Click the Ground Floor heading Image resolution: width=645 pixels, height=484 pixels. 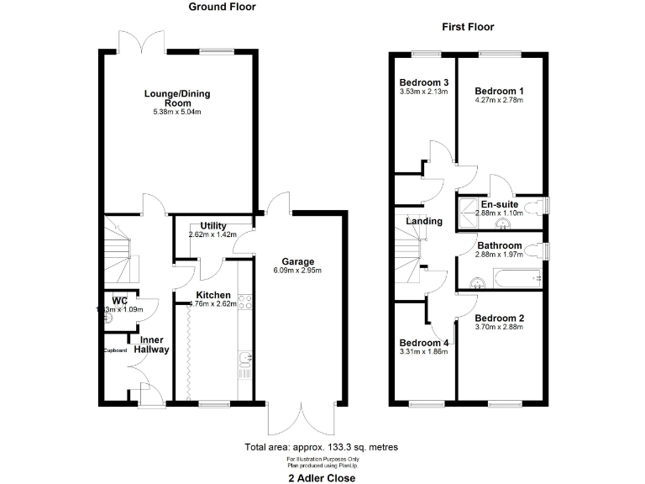(x=222, y=7)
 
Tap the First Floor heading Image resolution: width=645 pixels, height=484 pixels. (x=468, y=27)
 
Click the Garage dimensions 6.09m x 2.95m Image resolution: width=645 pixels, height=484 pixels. (x=297, y=271)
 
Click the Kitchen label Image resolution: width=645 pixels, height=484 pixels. (x=213, y=295)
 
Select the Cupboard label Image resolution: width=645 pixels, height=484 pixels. (x=115, y=350)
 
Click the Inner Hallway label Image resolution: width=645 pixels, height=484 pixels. (x=152, y=345)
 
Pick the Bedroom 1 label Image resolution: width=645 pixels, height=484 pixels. (x=499, y=91)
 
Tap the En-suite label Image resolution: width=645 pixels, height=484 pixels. (x=499, y=203)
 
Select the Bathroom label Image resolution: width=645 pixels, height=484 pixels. (x=499, y=245)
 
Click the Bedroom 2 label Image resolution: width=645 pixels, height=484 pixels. (x=499, y=318)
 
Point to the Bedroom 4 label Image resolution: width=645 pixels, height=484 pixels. (x=423, y=343)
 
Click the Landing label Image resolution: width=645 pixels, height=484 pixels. (x=424, y=221)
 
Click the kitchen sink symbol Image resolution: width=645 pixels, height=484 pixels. (x=244, y=361)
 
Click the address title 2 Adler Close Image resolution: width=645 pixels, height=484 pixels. (x=322, y=477)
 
